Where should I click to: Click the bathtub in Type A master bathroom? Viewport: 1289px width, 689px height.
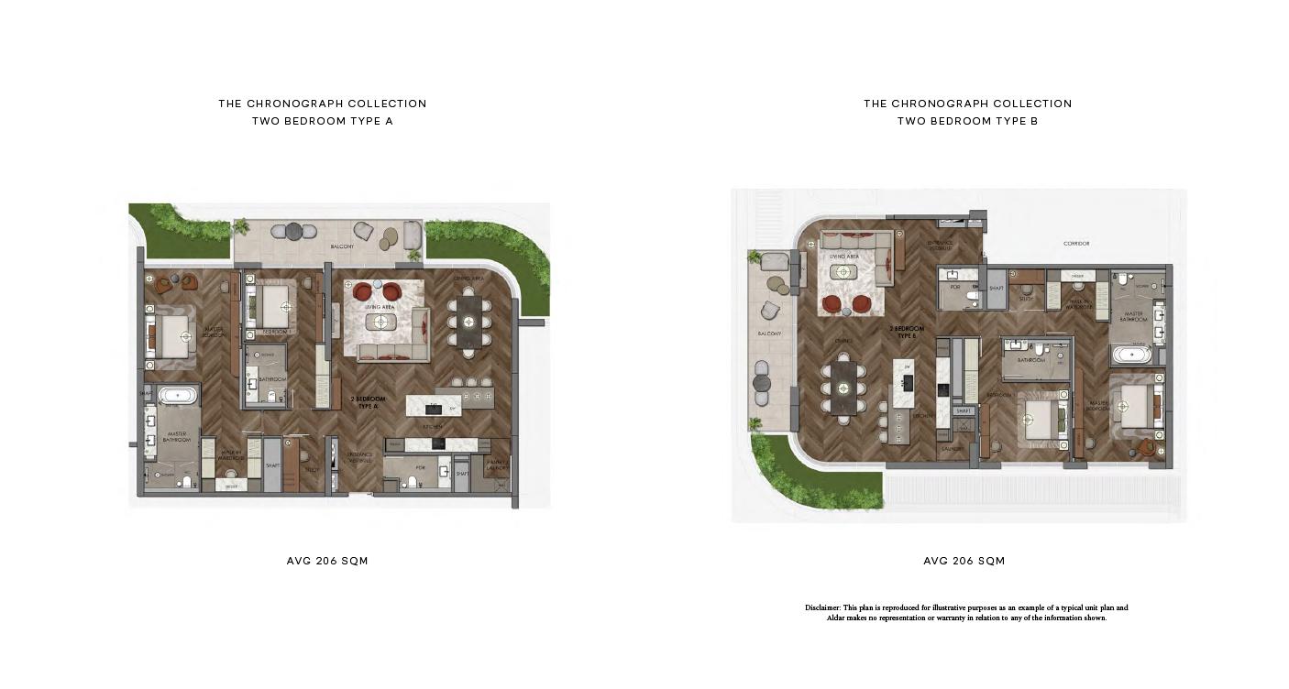coord(177,397)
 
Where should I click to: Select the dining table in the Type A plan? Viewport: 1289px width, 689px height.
coord(468,322)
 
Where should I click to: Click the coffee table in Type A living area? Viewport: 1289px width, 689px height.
coord(381,322)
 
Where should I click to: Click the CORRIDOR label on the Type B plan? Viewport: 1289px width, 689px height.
coord(1076,244)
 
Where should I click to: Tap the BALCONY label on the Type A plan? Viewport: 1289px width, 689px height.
coord(342,247)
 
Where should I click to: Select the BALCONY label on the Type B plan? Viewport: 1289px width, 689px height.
coord(768,334)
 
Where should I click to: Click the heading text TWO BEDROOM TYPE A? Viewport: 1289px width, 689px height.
coord(323,121)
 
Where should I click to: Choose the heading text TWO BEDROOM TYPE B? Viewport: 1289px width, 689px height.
coord(967,121)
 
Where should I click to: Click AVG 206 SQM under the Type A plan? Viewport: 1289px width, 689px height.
coord(327,561)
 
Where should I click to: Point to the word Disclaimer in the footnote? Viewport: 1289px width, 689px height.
coord(822,607)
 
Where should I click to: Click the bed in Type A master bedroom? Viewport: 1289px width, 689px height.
coord(175,336)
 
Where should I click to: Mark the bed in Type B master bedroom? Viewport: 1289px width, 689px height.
coord(1129,404)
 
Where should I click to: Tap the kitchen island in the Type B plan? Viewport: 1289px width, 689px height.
coord(904,384)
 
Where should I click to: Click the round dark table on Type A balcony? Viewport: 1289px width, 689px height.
coord(293,231)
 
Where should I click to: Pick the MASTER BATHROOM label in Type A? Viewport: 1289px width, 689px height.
coord(176,437)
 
